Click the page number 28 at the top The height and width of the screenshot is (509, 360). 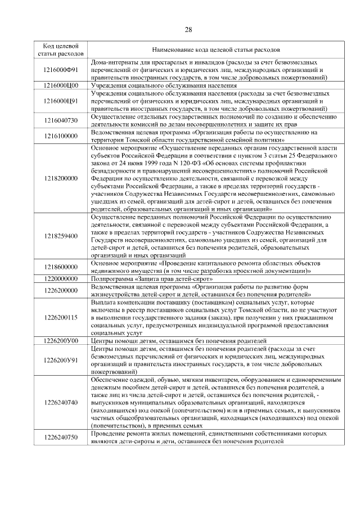[188, 30]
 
